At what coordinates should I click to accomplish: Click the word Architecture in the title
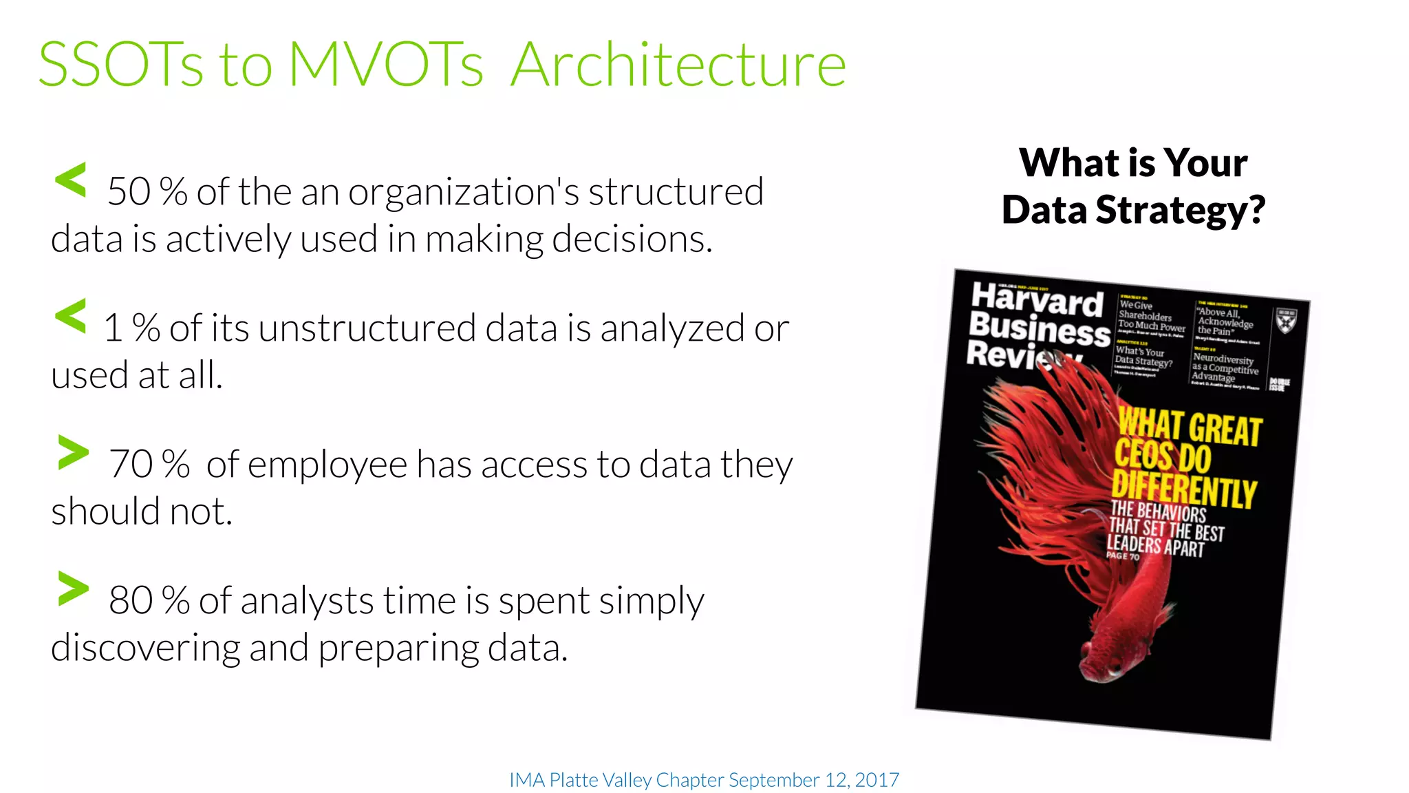click(678, 65)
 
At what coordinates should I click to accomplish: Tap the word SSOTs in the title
click(120, 65)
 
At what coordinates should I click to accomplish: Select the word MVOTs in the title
click(386, 65)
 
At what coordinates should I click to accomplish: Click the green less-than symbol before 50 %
click(70, 180)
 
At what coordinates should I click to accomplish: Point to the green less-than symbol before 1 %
click(70, 317)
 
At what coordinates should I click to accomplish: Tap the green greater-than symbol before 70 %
click(74, 452)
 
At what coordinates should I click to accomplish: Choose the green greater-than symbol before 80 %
click(74, 589)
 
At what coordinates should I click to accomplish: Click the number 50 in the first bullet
click(129, 192)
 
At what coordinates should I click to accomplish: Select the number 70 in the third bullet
click(131, 465)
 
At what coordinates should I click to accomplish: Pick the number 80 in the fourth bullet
click(131, 601)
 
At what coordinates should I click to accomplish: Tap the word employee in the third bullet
click(327, 465)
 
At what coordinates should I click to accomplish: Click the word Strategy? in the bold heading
click(1180, 211)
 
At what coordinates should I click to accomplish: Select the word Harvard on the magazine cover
click(1037, 300)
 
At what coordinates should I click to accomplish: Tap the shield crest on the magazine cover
click(1286, 320)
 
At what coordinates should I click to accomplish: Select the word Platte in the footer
click(574, 780)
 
